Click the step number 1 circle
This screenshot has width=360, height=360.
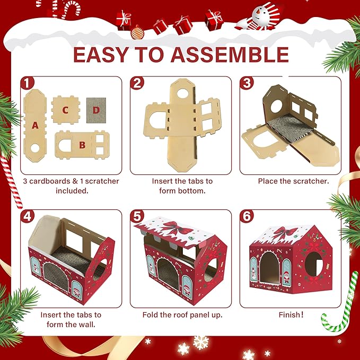point(28,83)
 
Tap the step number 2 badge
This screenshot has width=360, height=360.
point(137,83)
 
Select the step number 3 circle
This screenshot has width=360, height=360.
point(247,83)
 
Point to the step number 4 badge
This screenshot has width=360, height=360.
point(28,216)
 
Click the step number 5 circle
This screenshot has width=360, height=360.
point(137,216)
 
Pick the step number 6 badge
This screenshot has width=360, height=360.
point(247,216)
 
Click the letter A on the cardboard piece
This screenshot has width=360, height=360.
point(35,125)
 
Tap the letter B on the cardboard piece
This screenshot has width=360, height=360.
point(82,145)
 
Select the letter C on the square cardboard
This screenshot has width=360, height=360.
point(65,110)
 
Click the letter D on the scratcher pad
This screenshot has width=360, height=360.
point(96,110)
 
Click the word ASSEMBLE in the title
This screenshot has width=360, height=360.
point(230,55)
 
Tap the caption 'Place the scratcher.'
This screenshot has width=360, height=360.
point(293,181)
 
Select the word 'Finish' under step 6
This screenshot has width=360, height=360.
point(289,315)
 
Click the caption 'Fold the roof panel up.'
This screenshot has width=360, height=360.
point(182,315)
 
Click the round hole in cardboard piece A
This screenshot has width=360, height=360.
point(35,148)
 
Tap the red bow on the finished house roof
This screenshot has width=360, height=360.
point(285,233)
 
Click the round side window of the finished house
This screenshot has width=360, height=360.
point(314,264)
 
